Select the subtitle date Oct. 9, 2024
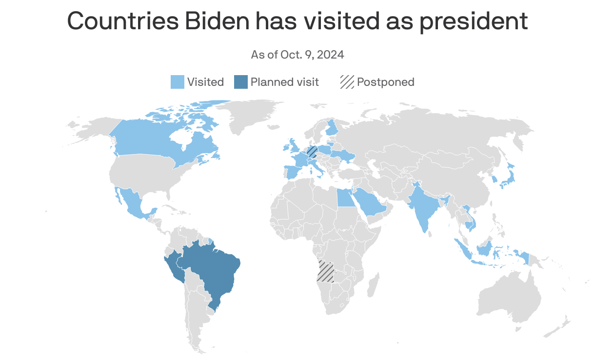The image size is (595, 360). (312, 55)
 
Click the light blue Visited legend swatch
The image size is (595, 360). (178, 82)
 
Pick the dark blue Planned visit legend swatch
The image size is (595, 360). (241, 82)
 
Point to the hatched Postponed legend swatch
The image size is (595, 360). (347, 82)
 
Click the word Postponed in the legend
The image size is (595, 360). (385, 82)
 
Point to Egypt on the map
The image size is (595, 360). (346, 198)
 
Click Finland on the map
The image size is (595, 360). (332, 128)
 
